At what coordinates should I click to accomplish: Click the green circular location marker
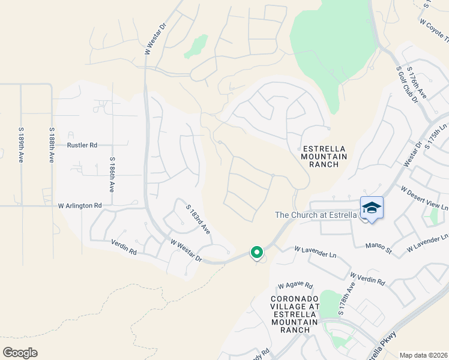point(257,253)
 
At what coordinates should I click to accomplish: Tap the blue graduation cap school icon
point(372,208)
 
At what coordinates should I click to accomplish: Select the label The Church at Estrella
point(316,215)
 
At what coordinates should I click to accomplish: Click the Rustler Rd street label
point(82,145)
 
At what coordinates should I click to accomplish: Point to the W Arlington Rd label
point(80,205)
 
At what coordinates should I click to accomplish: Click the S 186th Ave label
point(112,175)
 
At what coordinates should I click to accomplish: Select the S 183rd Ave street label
point(197,220)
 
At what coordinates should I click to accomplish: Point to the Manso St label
point(379,245)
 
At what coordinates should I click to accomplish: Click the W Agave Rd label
point(295,286)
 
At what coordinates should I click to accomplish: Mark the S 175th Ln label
point(436,139)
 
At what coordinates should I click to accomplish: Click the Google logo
point(20,353)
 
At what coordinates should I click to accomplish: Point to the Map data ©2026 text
point(423,355)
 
